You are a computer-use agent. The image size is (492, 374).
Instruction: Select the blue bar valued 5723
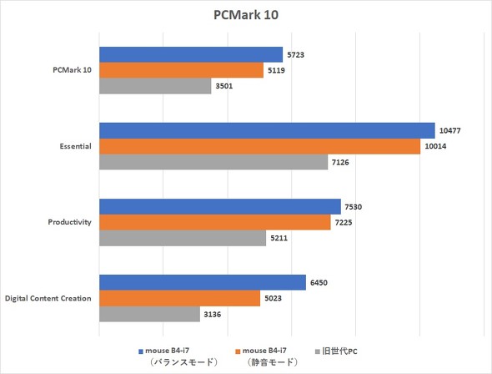[x=191, y=55]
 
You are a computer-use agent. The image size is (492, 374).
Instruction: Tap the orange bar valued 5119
[x=181, y=71]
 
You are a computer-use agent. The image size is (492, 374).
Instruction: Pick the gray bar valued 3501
[x=155, y=87]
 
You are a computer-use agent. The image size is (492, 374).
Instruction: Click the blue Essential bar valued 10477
[x=267, y=131]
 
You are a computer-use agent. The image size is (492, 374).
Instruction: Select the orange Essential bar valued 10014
[x=259, y=147]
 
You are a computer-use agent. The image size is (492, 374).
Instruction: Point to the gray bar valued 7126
[x=213, y=163]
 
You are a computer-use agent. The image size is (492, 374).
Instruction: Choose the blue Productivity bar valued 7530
[x=220, y=207]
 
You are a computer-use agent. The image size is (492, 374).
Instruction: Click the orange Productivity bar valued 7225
[x=215, y=223]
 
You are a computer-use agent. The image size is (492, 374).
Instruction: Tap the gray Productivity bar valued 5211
[x=183, y=239]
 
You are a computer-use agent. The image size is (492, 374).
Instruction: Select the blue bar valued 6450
[x=203, y=283]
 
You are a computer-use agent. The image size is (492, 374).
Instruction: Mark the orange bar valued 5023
[x=179, y=299]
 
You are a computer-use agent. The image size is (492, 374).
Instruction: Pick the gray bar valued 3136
[x=149, y=315]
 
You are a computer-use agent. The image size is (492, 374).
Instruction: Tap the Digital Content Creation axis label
[x=48, y=299]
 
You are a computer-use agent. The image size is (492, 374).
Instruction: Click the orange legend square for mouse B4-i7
[x=237, y=351]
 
